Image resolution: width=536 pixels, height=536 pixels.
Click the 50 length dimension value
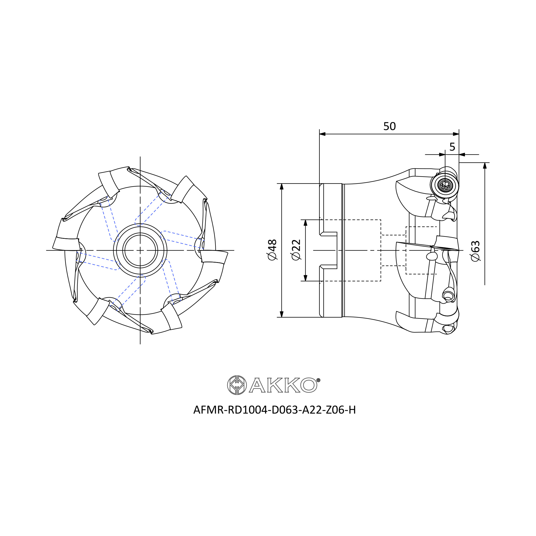click(389, 126)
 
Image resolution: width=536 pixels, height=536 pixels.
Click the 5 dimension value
click(452, 147)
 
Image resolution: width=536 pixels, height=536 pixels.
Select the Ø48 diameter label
click(272, 250)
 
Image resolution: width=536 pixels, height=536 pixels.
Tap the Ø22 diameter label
click(296, 250)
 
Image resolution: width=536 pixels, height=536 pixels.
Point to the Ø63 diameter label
click(475, 251)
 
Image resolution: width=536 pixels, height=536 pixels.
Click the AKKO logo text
click(283, 385)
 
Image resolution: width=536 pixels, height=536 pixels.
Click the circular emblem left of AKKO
click(237, 385)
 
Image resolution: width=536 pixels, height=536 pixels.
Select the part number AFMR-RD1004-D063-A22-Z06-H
click(274, 410)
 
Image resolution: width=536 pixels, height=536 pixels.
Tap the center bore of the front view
click(140, 250)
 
